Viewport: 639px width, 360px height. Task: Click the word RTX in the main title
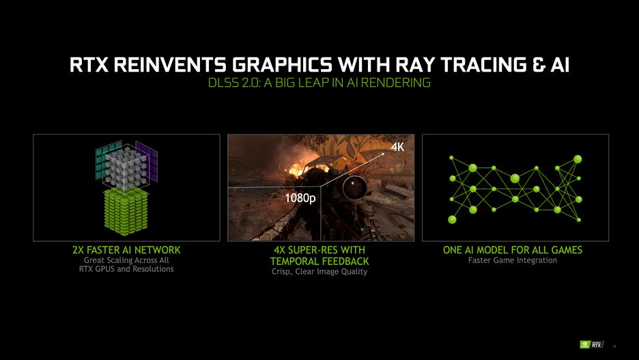89,65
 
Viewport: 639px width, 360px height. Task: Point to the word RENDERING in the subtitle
395,83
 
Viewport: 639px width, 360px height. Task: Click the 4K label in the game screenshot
397,147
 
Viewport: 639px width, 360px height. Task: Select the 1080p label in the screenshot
300,198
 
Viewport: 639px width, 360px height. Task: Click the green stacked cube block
126,211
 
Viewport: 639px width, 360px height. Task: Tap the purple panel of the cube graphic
147,161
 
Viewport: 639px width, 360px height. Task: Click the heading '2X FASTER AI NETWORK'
126,250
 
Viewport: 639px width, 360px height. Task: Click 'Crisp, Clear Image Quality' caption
319,271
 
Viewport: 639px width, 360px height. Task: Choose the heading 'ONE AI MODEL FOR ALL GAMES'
513,250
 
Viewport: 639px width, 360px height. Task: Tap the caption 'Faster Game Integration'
513,260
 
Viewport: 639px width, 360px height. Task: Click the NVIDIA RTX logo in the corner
591,344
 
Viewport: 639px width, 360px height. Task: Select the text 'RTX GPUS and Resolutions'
126,269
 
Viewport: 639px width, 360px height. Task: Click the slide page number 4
614,346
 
